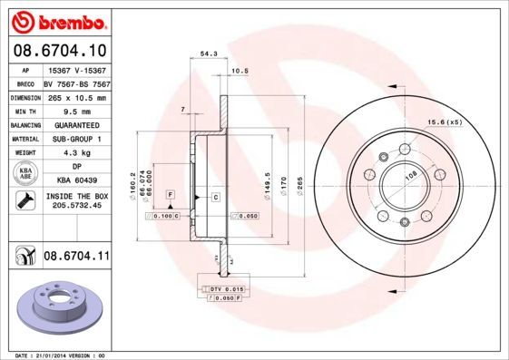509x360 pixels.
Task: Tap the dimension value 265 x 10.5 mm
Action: [x=76, y=97]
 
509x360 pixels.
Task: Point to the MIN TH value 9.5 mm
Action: [x=76, y=111]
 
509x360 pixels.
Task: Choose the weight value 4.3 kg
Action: [x=76, y=153]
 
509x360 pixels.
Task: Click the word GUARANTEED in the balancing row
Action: [x=76, y=125]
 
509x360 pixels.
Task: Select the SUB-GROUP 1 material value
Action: [x=76, y=139]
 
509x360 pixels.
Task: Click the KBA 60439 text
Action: [x=76, y=180]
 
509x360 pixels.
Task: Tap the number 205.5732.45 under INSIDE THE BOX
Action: [x=76, y=205]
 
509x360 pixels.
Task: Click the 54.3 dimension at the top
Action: [x=207, y=55]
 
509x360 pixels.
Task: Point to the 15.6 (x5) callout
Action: [x=445, y=122]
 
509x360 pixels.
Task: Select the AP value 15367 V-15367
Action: [x=76, y=70]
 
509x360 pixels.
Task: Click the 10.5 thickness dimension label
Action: [x=240, y=70]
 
